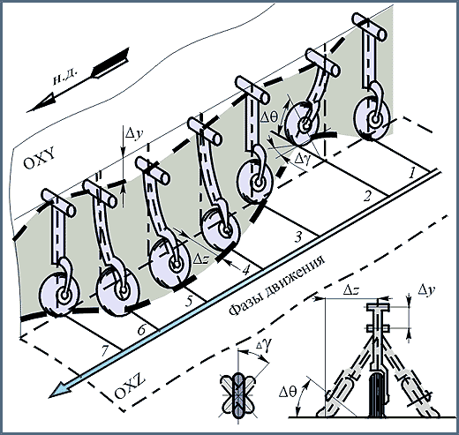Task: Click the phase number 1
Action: pyautogui.click(x=412, y=174)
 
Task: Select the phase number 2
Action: pyautogui.click(x=367, y=197)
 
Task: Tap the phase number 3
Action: pyautogui.click(x=298, y=236)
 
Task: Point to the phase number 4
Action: pyautogui.click(x=246, y=269)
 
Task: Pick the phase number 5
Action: pyautogui.click(x=190, y=301)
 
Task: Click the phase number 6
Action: pyautogui.click(x=142, y=330)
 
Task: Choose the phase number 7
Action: pyautogui.click(x=105, y=350)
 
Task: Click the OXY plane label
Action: pyautogui.click(x=39, y=159)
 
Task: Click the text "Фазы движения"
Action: pyautogui.click(x=277, y=285)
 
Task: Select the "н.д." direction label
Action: pyautogui.click(x=65, y=78)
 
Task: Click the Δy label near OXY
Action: pyautogui.click(x=134, y=134)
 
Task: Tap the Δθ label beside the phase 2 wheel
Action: pyautogui.click(x=269, y=117)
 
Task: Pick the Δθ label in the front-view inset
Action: pyautogui.click(x=289, y=393)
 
